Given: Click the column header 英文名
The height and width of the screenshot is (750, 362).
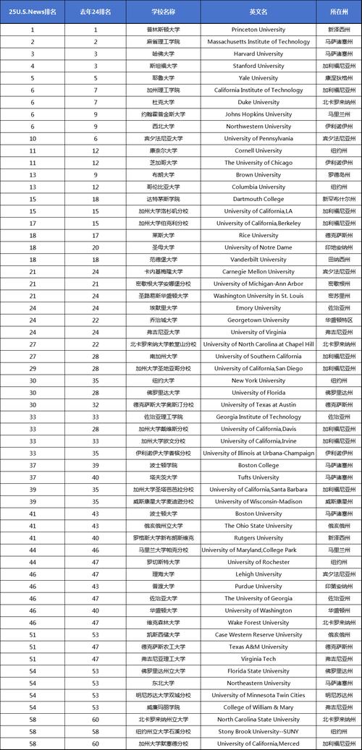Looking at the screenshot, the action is tap(258, 12).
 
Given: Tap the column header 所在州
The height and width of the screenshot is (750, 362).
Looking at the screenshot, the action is tap(340, 12).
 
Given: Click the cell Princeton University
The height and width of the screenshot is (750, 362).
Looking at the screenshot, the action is tap(258, 30).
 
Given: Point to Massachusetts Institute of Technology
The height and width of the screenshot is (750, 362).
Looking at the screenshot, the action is tap(258, 42).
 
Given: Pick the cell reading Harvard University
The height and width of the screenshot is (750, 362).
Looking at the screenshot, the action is tap(258, 54).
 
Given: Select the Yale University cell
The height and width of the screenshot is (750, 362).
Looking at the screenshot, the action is tap(258, 78).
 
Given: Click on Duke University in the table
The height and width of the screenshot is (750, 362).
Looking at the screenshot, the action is tap(258, 103).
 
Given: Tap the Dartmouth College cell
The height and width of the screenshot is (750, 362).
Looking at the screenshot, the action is tap(258, 199).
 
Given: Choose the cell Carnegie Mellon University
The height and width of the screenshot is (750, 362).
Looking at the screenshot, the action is tap(258, 272).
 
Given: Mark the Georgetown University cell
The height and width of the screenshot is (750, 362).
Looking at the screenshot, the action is tap(258, 320).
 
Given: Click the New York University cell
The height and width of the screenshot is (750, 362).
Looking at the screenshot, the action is tap(258, 380).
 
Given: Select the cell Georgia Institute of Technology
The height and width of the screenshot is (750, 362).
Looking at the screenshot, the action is tap(258, 417).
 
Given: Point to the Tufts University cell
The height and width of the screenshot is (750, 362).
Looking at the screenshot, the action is tap(258, 477).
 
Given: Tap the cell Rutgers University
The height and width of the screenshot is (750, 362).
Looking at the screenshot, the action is tap(258, 538).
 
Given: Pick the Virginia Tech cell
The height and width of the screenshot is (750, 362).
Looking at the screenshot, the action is tap(258, 659).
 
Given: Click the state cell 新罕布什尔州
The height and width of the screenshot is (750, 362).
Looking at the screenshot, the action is tap(340, 199).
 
